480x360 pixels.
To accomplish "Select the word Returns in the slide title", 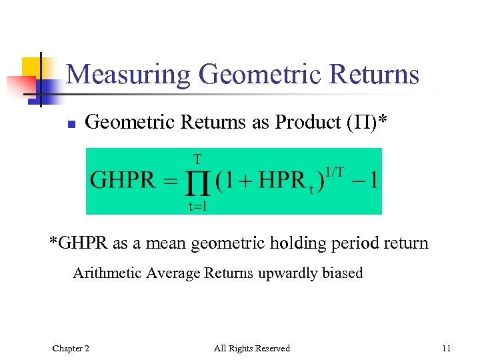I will (371, 75).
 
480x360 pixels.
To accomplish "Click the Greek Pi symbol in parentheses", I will (360, 122).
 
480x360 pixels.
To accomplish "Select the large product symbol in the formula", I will (197, 182).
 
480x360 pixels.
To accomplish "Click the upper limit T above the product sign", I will (197, 159).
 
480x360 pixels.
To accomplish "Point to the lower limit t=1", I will (197, 205).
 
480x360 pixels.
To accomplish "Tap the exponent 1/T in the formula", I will (335, 171).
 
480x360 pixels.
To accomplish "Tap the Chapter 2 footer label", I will (71, 348).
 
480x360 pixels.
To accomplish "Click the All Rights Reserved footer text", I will (251, 348).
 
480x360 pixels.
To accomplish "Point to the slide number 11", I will (446, 348).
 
